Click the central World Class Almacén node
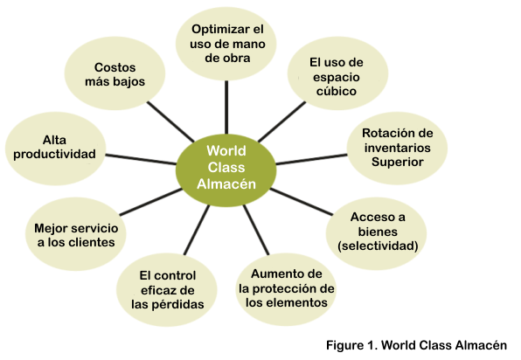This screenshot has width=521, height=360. pos(226,170)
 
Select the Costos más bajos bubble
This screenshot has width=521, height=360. pos(115,73)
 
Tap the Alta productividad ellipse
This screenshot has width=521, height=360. pos(55,149)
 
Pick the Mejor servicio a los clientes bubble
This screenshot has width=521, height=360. pos(76,234)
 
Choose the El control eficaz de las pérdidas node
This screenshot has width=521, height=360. pos(167,289)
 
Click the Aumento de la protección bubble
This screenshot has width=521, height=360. pos(286,289)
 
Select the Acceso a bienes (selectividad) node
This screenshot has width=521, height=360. pos(377,233)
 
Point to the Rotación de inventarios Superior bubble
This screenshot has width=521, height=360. pos(397,149)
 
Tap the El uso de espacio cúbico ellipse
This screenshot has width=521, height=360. pos(337,73)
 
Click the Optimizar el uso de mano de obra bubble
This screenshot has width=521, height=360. pos(226,44)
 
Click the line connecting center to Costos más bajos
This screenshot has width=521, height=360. pos(170,121)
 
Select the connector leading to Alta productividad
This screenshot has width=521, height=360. pos(141,159)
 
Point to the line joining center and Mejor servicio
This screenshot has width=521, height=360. pos(151,202)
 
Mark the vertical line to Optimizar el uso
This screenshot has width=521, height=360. pos(226,107)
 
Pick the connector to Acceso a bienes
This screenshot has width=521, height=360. pos(302,202)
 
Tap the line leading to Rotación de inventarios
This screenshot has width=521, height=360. pos(312,159)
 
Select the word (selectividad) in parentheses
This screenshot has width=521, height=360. pos(378,246)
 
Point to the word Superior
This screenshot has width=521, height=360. pos(398,162)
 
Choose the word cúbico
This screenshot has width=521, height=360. pos(337,92)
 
